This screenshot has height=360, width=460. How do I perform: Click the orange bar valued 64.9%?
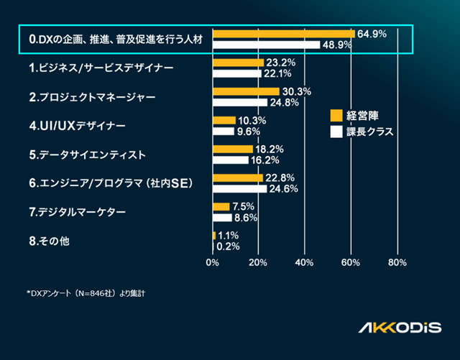pyautogui.click(x=284, y=34)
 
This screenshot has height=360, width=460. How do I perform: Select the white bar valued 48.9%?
pyautogui.click(x=267, y=45)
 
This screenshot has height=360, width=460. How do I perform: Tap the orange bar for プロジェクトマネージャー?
pyautogui.click(x=246, y=91)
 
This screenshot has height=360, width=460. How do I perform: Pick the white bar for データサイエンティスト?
pyautogui.click(x=231, y=160)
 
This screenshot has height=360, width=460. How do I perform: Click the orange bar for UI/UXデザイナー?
pyautogui.click(x=224, y=120)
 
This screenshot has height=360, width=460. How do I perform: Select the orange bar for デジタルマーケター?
pyautogui.click(x=221, y=206)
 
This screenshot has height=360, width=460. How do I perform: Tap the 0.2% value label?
pyautogui.click(x=228, y=246)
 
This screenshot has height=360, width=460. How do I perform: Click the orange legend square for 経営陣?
pyautogui.click(x=336, y=116)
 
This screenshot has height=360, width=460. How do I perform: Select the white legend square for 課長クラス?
pyautogui.click(x=336, y=131)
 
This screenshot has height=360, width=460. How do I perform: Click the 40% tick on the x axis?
pyautogui.click(x=305, y=262)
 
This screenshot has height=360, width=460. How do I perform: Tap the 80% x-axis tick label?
pyautogui.click(x=397, y=262)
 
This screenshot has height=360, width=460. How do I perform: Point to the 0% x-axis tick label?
pyautogui.click(x=213, y=262)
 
